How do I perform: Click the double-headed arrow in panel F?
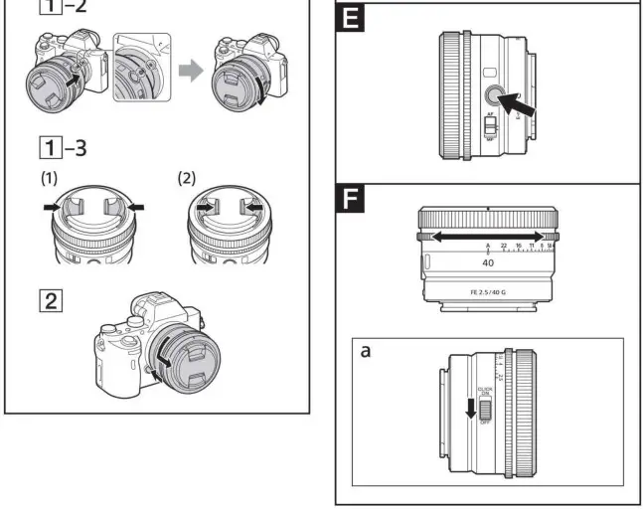[486, 237]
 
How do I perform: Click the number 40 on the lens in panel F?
[488, 263]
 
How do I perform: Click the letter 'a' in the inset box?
[366, 351]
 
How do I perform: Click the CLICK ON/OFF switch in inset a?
[486, 407]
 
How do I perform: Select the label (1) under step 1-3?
[49, 181]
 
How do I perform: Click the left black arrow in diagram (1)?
[46, 208]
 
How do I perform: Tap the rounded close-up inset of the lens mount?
[142, 68]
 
